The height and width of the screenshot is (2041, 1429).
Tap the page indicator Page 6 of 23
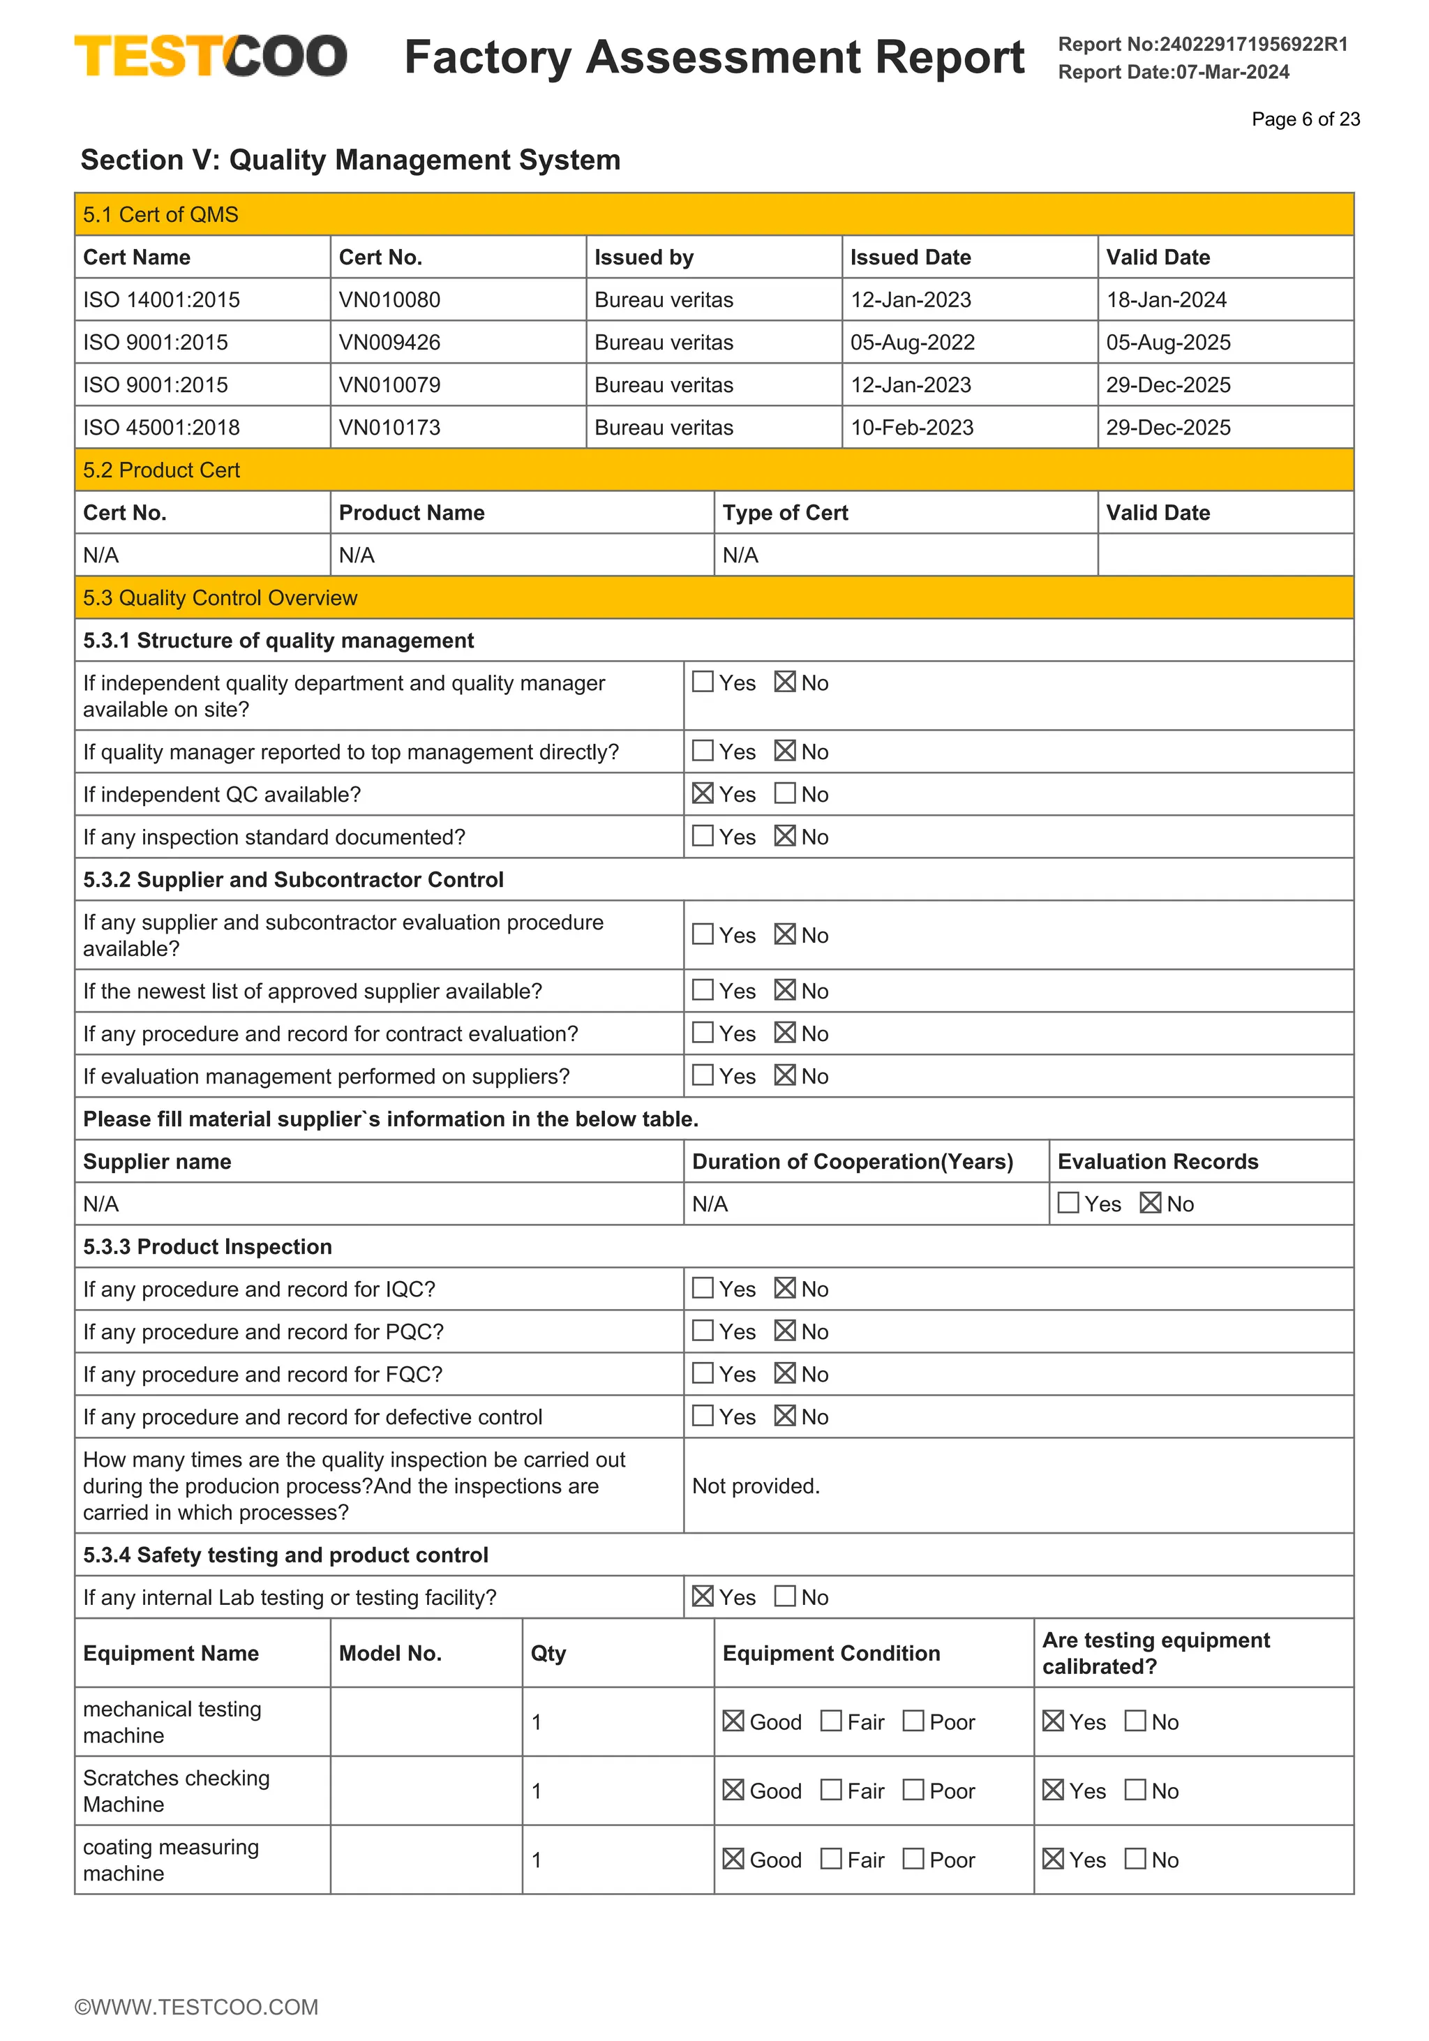(x=1305, y=119)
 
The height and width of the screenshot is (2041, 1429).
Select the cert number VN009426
(x=389, y=342)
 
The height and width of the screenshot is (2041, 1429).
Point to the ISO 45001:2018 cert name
(x=161, y=428)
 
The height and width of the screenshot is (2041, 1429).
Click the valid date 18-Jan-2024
(x=1166, y=299)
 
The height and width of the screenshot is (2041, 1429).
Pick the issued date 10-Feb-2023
(x=912, y=428)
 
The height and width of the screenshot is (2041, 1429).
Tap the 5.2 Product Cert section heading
(x=161, y=470)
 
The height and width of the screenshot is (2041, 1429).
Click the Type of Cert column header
(x=785, y=513)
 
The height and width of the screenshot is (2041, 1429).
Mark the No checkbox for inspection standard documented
(x=785, y=836)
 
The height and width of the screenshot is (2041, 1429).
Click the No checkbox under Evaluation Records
(x=1150, y=1203)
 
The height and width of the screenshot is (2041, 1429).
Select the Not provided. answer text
(x=756, y=1486)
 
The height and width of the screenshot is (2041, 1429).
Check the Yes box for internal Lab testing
(x=702, y=1596)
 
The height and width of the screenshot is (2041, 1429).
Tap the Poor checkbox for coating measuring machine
(x=913, y=1859)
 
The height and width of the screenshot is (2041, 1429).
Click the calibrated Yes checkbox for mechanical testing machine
(x=1053, y=1720)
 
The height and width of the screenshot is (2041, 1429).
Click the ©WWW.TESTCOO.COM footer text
(x=196, y=2006)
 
